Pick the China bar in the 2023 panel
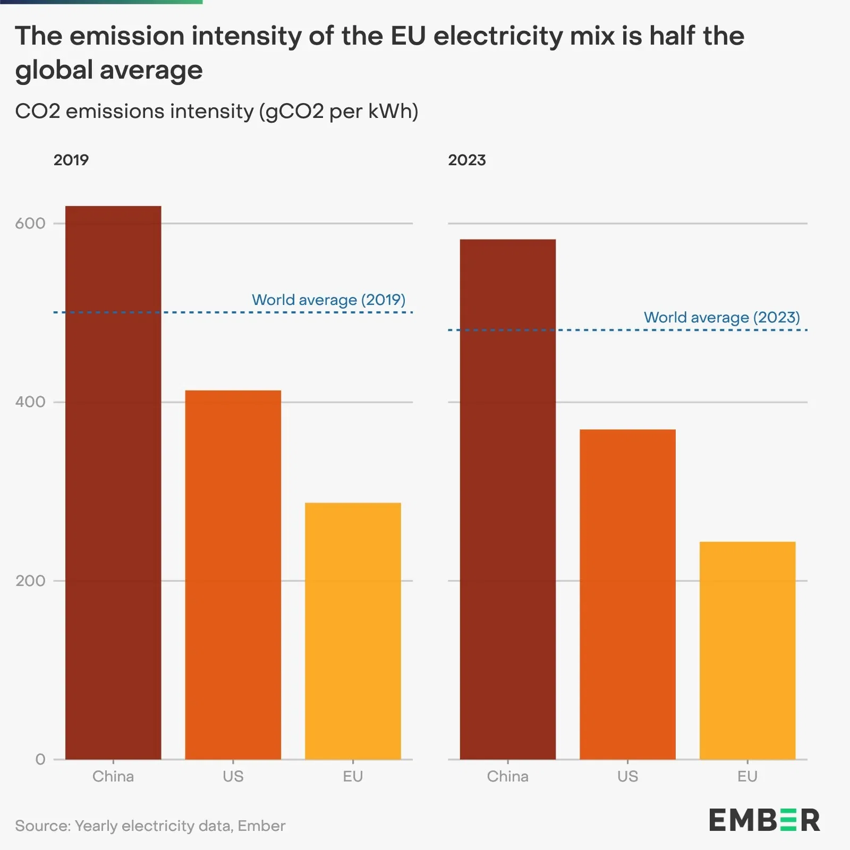pyautogui.click(x=507, y=499)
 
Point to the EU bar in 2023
pyautogui.click(x=747, y=650)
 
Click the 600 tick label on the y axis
pyautogui.click(x=30, y=223)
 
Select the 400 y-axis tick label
pyautogui.click(x=30, y=402)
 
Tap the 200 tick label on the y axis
pyautogui.click(x=30, y=581)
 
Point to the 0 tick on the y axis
pyautogui.click(x=40, y=759)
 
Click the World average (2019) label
pyautogui.click(x=328, y=300)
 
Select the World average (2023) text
pyautogui.click(x=721, y=318)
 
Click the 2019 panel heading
pyautogui.click(x=71, y=160)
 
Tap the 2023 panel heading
pyautogui.click(x=466, y=160)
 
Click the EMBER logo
pyautogui.click(x=764, y=820)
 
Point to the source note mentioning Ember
pyautogui.click(x=150, y=826)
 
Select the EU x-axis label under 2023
pyautogui.click(x=747, y=777)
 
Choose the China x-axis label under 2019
pyautogui.click(x=113, y=777)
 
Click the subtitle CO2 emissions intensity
pyautogui.click(x=217, y=112)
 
